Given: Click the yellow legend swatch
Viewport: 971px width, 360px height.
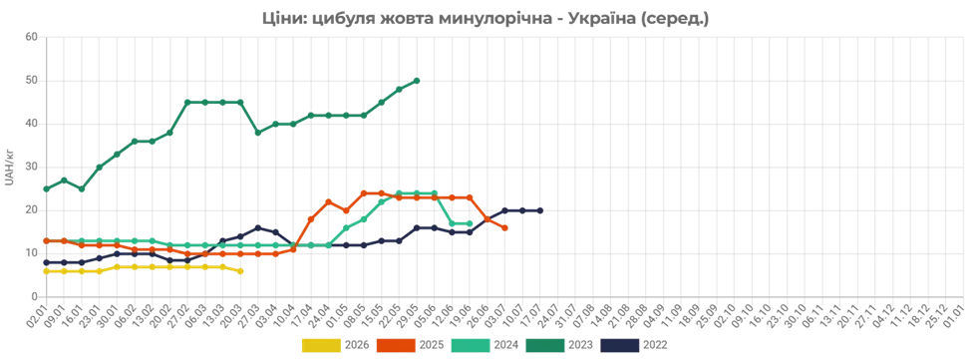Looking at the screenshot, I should click(320, 344).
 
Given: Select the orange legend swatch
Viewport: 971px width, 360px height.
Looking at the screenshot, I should click(396, 344).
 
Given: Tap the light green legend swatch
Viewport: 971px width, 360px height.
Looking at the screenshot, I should click(472, 344).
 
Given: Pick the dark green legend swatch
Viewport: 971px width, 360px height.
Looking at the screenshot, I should click(546, 344).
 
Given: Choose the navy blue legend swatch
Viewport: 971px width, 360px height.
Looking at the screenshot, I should click(620, 344).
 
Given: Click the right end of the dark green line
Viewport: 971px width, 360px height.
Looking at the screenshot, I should click(419, 77).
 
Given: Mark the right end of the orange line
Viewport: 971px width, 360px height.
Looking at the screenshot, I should click(507, 228).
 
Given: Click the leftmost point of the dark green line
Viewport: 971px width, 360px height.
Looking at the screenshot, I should click(43, 187).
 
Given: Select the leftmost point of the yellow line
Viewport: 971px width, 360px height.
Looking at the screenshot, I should click(43, 270).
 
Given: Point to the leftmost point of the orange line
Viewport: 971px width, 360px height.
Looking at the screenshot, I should click(43, 240).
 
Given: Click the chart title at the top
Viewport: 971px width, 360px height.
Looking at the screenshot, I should click(483, 17).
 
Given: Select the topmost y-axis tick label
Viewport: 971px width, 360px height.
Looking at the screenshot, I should click(33, 39).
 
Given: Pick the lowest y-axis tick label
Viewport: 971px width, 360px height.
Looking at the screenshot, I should click(33, 294).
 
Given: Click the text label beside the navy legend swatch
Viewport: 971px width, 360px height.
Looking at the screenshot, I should click(656, 344).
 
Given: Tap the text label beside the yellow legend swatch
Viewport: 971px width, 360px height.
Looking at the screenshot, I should click(356, 344).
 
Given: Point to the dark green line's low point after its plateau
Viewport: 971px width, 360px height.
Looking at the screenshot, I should click(258, 131).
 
